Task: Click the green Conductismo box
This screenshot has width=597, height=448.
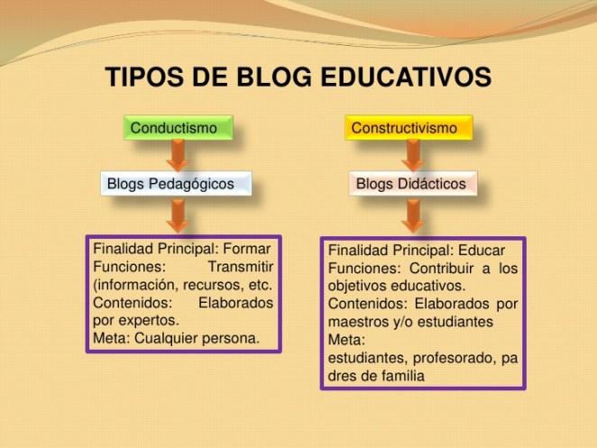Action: pyautogui.click(x=177, y=128)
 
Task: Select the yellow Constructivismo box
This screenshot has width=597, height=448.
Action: pyautogui.click(x=409, y=128)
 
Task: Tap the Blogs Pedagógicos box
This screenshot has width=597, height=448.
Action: pyautogui.click(x=176, y=184)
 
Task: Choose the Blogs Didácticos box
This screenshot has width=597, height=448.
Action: pyautogui.click(x=410, y=184)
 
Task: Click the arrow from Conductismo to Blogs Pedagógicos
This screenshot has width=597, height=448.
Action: pyautogui.click(x=178, y=155)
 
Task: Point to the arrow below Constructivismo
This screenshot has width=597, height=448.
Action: pyautogui.click(x=412, y=155)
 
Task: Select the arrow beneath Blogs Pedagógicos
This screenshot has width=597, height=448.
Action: pyautogui.click(x=178, y=215)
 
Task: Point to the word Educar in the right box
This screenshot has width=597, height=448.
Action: pyautogui.click(x=482, y=250)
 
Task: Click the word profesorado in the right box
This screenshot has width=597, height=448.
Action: pyautogui.click(x=449, y=358)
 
